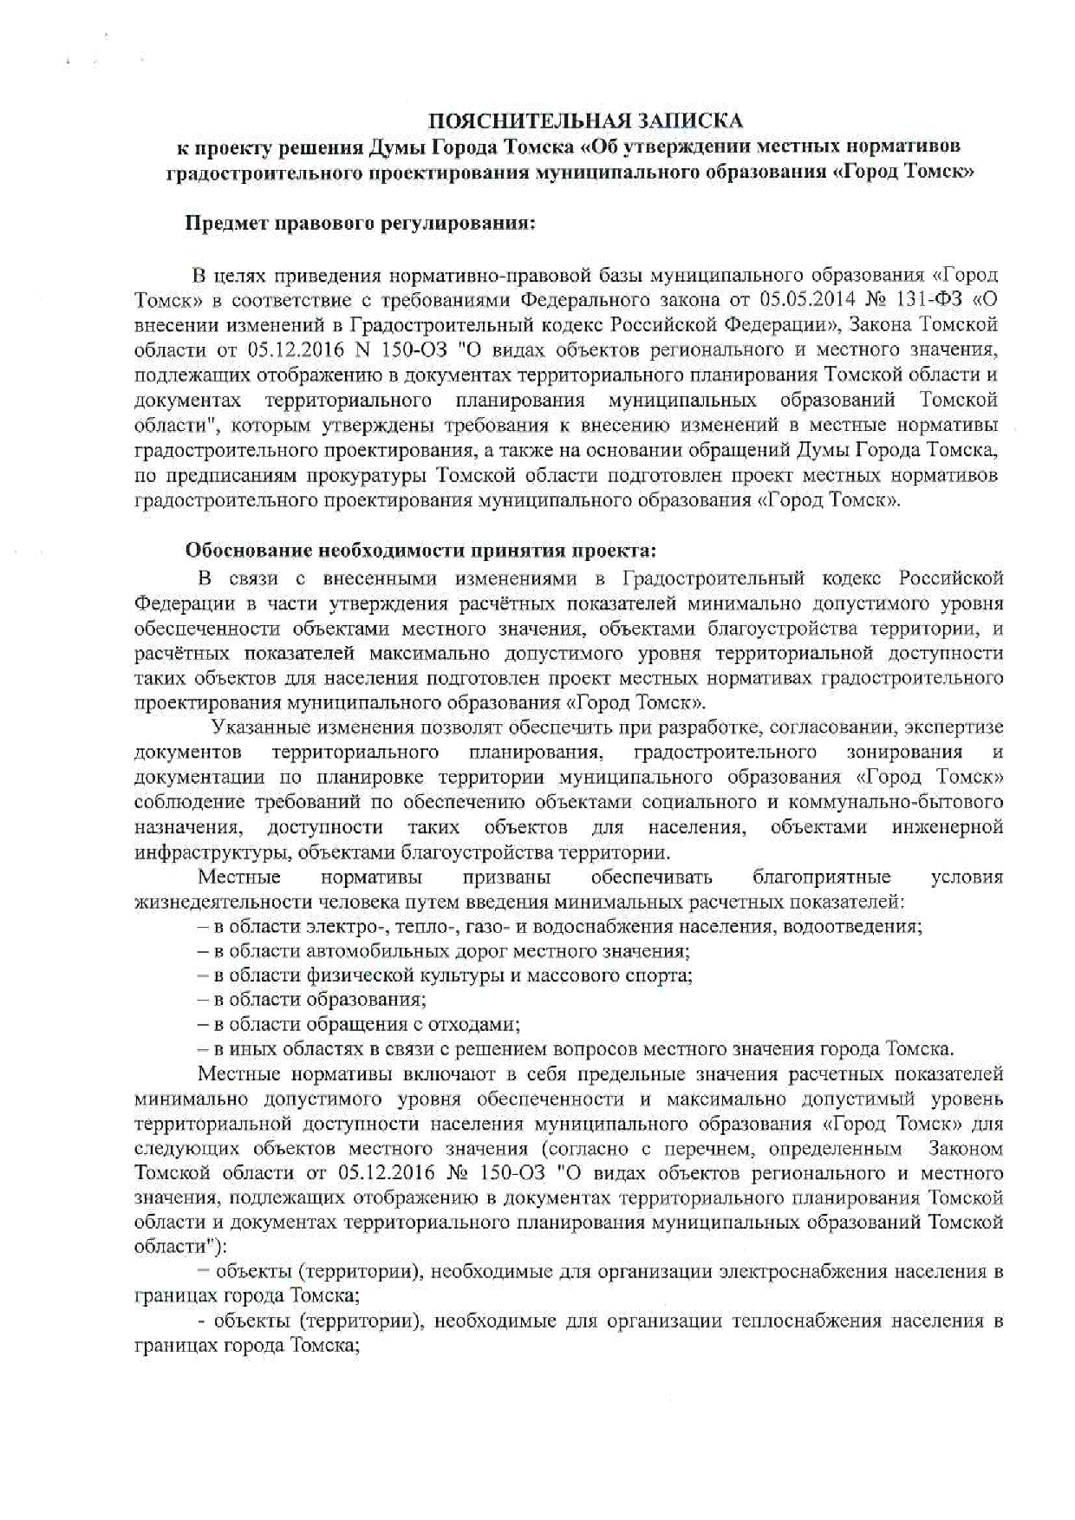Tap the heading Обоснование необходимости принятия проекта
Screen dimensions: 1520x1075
[421, 551]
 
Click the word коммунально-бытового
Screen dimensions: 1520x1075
[908, 802]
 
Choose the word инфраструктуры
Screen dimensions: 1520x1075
[212, 852]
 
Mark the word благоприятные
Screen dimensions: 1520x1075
[822, 877]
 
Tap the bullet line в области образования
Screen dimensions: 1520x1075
[312, 1001]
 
